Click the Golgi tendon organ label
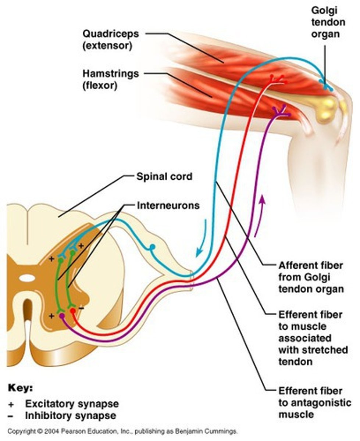pyautogui.click(x=328, y=22)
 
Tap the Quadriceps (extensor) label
pyautogui.click(x=110, y=40)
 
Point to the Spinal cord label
pyautogui.click(x=164, y=176)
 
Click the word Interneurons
pyautogui.click(x=168, y=205)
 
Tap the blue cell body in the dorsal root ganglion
pyautogui.click(x=152, y=247)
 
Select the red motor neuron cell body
pyautogui.click(x=73, y=312)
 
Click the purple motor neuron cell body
pyautogui.click(x=62, y=316)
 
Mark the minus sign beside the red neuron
pyautogui.click(x=81, y=308)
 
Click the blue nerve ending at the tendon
pyautogui.click(x=325, y=86)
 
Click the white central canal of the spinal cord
pyautogui.click(x=26, y=279)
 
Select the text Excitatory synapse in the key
pyautogui.click(x=72, y=404)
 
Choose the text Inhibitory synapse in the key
pyautogui.click(x=70, y=416)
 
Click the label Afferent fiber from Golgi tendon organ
pyautogui.click(x=311, y=277)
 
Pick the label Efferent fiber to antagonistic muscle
pyautogui.click(x=314, y=402)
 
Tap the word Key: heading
pyautogui.click(x=20, y=388)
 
